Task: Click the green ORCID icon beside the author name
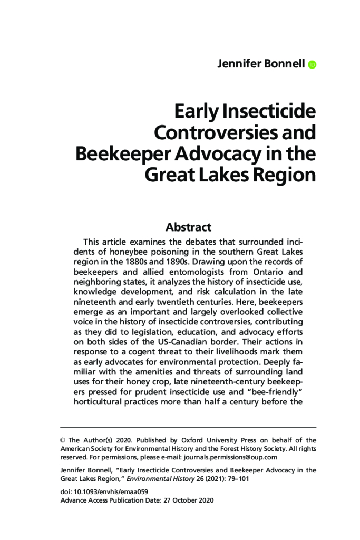[x=312, y=65]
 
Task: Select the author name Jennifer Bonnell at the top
[x=261, y=64]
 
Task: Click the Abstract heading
[x=188, y=227]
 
